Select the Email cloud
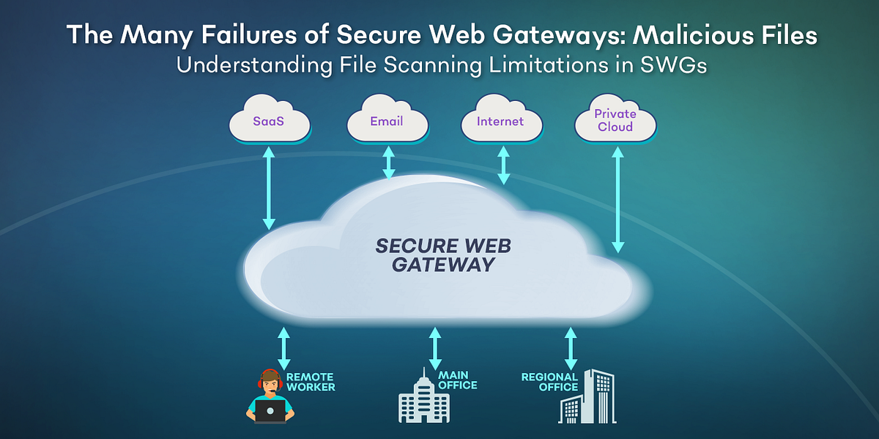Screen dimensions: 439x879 point(387,121)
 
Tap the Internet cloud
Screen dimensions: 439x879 point(500,121)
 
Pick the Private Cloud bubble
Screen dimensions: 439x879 point(615,121)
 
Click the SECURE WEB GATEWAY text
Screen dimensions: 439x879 point(443,255)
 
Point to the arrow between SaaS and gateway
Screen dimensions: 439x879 point(269,187)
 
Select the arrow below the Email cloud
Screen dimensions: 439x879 point(389,162)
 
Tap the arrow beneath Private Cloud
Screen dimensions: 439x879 point(617,199)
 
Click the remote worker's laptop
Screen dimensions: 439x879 point(270,412)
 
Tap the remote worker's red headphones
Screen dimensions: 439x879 point(270,379)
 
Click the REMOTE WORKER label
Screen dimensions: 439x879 point(311,382)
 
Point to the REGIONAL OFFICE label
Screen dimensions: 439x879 point(549,382)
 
